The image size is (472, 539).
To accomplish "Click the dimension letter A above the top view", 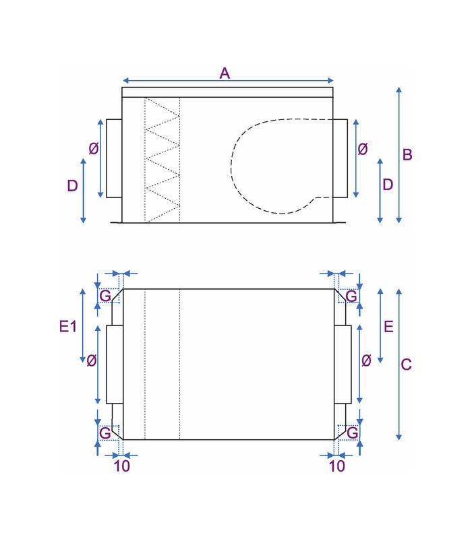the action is click(x=225, y=73).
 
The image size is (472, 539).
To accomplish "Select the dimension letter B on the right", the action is click(x=407, y=155).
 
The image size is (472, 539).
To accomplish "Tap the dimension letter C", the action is click(x=407, y=364).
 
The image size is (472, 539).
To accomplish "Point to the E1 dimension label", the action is click(x=68, y=326).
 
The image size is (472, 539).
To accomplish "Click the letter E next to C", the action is click(x=388, y=326).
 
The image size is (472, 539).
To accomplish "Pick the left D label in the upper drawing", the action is click(x=72, y=186).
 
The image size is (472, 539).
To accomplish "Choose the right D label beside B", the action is click(x=388, y=185).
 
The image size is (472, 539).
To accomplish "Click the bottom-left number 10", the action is click(x=122, y=466).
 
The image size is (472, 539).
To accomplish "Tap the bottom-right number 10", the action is click(x=336, y=466).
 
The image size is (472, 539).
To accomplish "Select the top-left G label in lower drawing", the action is click(x=105, y=296).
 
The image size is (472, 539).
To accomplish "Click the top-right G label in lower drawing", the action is click(x=351, y=296).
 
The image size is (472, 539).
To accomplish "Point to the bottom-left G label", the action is click(x=105, y=433).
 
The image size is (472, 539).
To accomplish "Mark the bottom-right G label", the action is click(x=352, y=433).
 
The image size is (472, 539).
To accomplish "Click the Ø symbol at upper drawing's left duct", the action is click(x=94, y=148).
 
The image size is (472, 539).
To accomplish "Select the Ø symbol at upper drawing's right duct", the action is click(x=363, y=149).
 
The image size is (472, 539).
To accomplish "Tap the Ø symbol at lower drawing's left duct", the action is click(x=91, y=360).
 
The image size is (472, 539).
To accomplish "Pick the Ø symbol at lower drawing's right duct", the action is click(x=366, y=360).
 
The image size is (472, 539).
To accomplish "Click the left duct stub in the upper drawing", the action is click(x=114, y=158).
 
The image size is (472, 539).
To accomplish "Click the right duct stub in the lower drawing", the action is click(x=343, y=364).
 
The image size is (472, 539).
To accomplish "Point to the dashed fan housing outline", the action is click(x=282, y=166).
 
